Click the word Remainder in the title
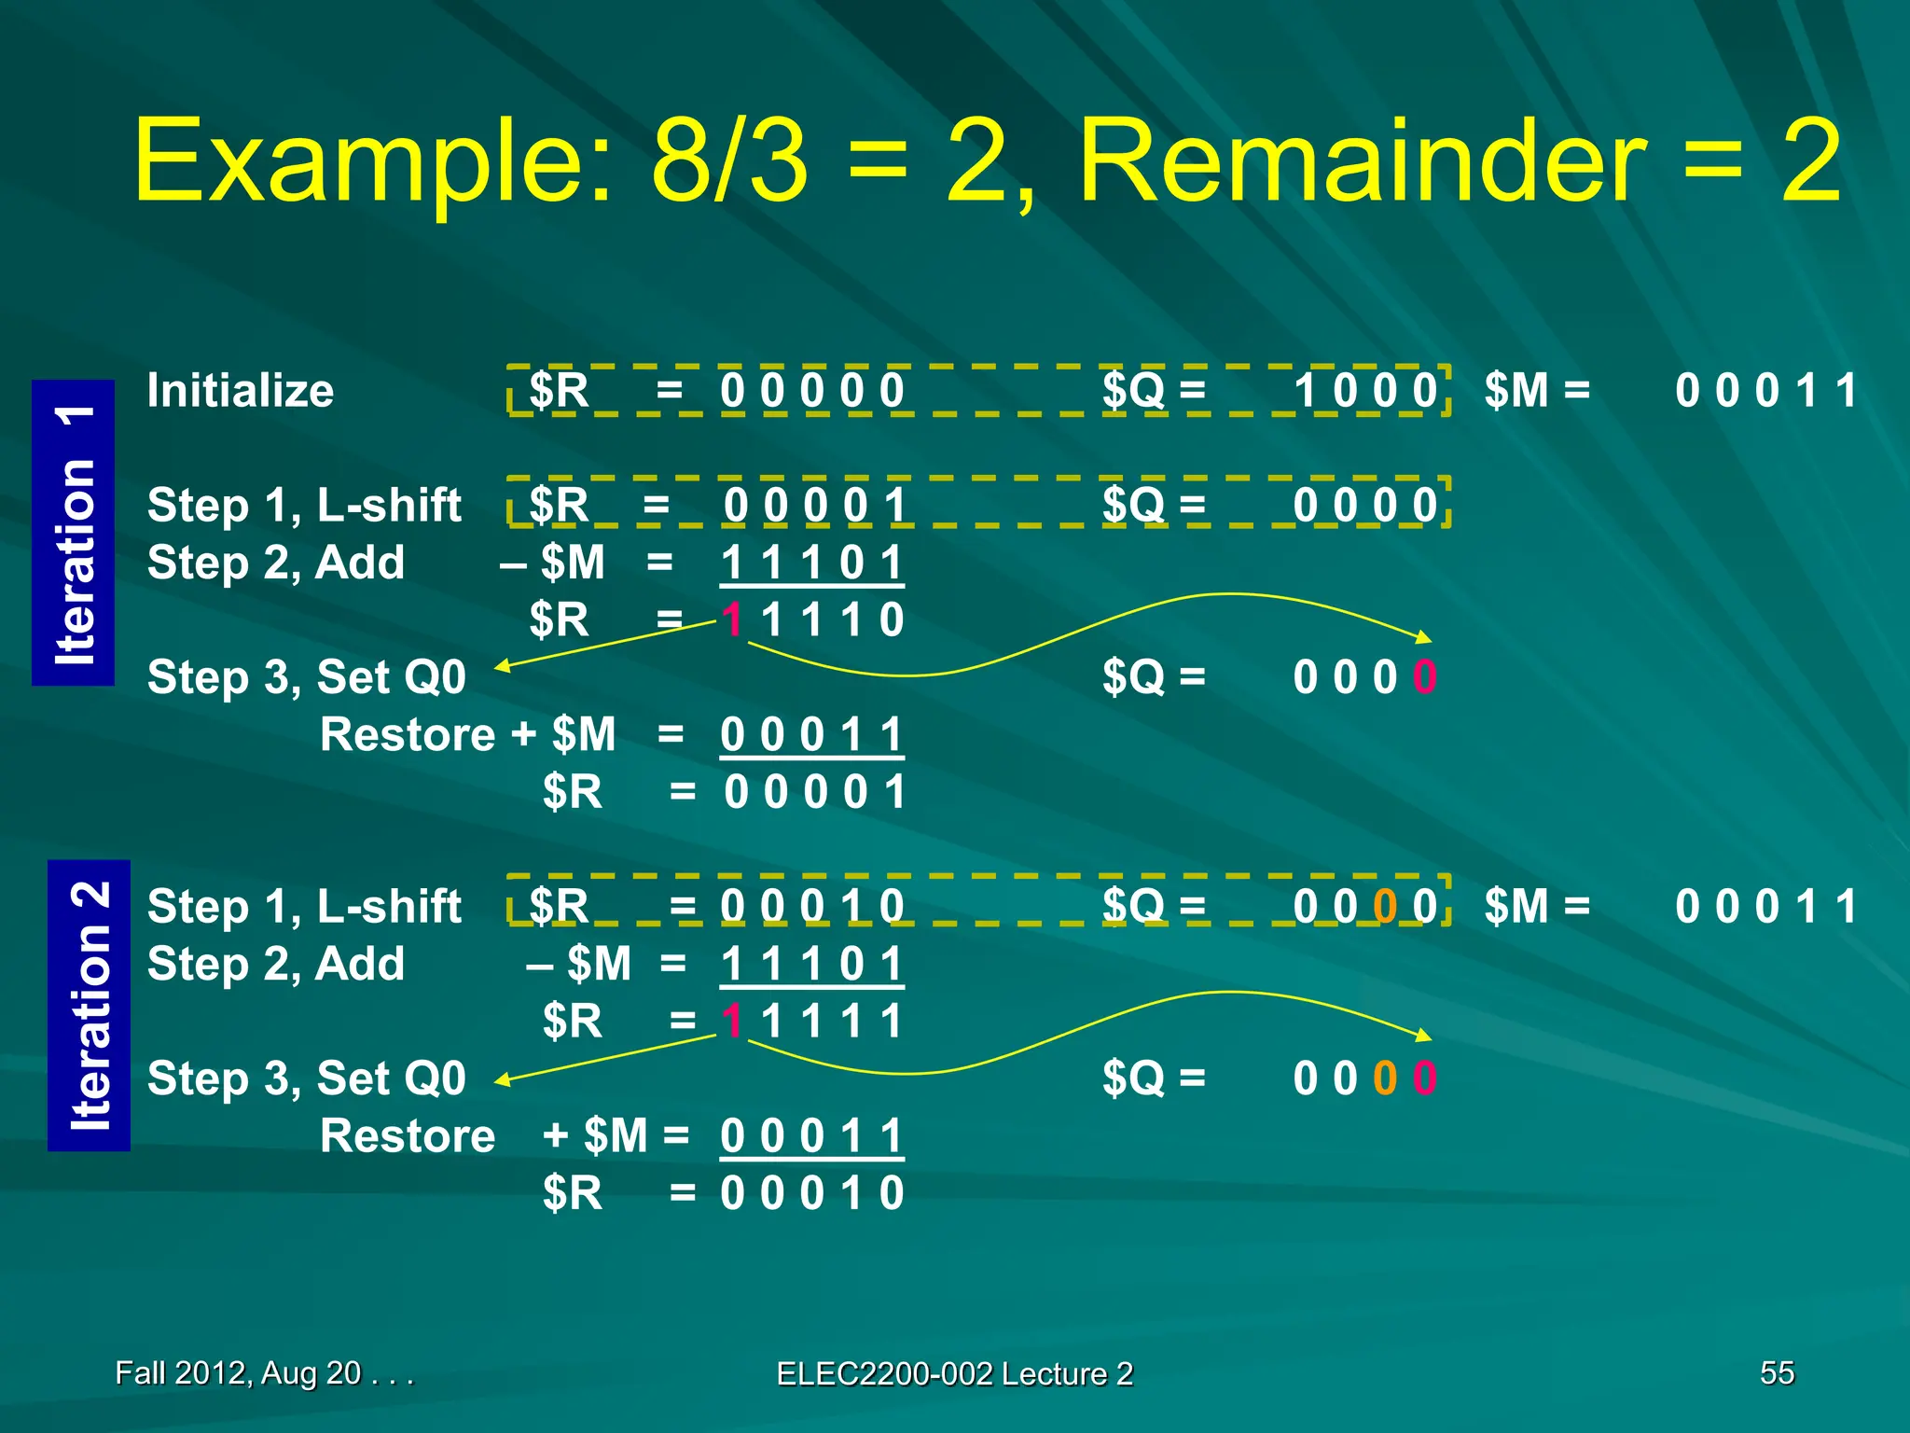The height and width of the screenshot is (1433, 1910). (1363, 163)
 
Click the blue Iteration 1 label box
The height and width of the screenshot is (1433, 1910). (74, 533)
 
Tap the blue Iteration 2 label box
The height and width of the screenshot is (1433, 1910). (90, 1006)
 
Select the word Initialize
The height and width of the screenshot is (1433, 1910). (240, 390)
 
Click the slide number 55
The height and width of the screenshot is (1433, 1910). (1777, 1372)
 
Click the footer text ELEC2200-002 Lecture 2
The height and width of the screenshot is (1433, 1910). (954, 1373)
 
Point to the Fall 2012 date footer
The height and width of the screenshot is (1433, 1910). (264, 1372)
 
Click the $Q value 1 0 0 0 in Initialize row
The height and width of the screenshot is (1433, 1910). (1365, 390)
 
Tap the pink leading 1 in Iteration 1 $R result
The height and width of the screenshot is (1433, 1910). (733, 619)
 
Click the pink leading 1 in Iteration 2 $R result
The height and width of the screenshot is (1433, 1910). (733, 1021)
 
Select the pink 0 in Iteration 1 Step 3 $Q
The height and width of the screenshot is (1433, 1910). (1424, 677)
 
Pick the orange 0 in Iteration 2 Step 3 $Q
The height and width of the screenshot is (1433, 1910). (1385, 1078)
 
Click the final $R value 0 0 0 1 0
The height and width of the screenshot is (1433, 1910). (811, 1193)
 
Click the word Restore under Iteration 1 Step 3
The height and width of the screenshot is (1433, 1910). (407, 735)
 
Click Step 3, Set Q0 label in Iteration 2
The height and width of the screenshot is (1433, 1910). (306, 1078)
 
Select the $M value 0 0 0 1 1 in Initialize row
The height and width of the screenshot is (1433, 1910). (1765, 390)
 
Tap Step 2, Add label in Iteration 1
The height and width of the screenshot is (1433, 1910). (276, 563)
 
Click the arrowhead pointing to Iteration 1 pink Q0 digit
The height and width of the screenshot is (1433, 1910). (1423, 637)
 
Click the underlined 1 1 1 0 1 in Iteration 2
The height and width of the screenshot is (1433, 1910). (811, 964)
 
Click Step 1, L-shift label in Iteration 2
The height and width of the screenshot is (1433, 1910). (304, 906)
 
